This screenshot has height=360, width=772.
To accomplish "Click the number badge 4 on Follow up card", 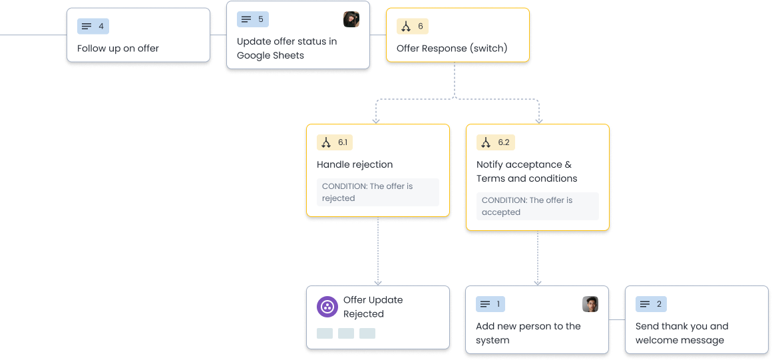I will click(x=93, y=27).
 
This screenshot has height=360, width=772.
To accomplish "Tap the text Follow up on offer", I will click(x=118, y=49).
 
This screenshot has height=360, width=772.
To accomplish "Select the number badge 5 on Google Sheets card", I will click(x=252, y=19).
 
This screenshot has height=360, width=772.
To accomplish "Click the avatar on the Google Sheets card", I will click(x=351, y=19).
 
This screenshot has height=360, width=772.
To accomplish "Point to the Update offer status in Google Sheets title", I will click(x=287, y=49).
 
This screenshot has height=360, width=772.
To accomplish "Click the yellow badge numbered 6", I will click(x=412, y=27).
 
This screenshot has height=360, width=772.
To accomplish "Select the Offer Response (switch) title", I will click(x=451, y=49).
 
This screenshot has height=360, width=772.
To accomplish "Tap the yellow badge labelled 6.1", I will click(x=333, y=142).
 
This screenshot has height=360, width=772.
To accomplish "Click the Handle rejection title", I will click(x=355, y=164).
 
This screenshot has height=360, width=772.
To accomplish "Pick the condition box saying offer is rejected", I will click(x=377, y=192).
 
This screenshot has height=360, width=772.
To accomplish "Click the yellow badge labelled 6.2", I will click(x=495, y=142).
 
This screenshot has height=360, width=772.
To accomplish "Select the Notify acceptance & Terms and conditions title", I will click(x=526, y=172).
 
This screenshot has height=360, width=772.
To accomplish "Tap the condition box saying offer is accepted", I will click(x=537, y=206).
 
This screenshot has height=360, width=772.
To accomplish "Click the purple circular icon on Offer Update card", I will click(x=327, y=307).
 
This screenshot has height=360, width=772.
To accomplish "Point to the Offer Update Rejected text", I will click(x=373, y=307).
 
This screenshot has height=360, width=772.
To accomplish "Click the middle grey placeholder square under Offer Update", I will click(x=346, y=333).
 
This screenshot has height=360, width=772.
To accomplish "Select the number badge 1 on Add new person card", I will click(x=490, y=304).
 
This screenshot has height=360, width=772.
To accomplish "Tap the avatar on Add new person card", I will click(x=590, y=304).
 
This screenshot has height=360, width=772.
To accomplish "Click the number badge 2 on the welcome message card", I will click(x=650, y=304).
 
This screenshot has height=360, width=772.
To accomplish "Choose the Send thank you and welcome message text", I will click(x=681, y=333).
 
